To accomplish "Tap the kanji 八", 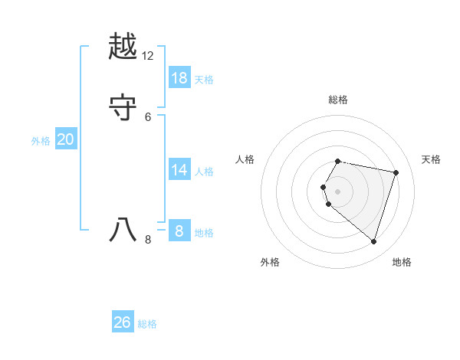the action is tap(123, 230).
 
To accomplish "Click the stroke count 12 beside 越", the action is tap(148, 57).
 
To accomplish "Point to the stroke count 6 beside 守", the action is tap(148, 116).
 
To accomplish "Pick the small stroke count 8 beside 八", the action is tap(148, 240).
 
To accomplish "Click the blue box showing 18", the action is tap(179, 78).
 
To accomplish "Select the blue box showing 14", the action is tap(179, 170).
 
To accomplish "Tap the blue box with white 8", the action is tap(179, 231).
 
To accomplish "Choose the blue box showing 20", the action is tap(66, 139).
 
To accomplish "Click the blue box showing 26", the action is tap(123, 322).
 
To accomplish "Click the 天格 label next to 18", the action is tap(204, 80).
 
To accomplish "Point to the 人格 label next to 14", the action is tap(204, 172).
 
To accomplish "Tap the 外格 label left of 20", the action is tap(41, 141).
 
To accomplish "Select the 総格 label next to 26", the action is tap(147, 324).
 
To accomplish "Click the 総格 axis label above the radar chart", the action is tap(337, 100).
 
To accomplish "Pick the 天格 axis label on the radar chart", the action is tap(431, 159).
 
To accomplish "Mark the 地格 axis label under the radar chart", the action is tap(402, 262).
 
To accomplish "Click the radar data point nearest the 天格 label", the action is tap(396, 172).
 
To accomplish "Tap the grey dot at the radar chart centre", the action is tap(337, 191).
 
